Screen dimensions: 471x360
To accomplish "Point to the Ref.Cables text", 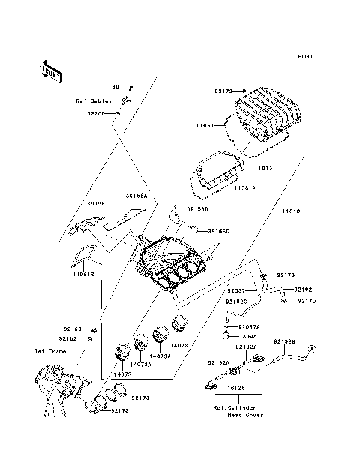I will (90, 100).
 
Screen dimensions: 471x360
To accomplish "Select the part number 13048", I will (248, 337).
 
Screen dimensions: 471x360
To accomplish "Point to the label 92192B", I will (284, 342).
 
